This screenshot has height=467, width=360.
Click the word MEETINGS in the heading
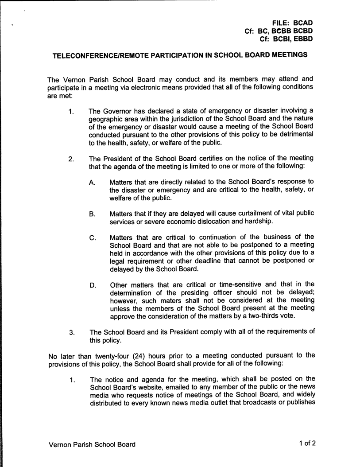click(x=285, y=56)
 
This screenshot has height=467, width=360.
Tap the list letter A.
click(x=92, y=183)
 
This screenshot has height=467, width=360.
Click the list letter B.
click(x=92, y=214)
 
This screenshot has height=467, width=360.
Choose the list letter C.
click(x=92, y=237)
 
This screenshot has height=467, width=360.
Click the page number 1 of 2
click(x=307, y=443)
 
